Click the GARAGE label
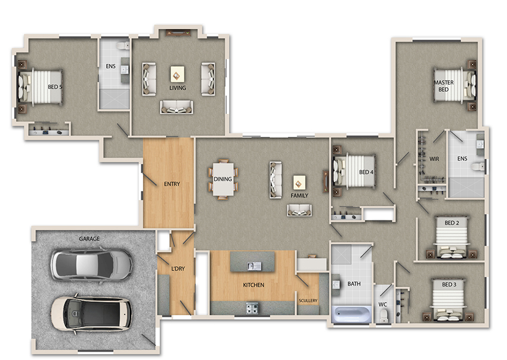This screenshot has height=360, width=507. tap(89, 239)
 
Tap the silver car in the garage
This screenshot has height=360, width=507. tap(91, 264)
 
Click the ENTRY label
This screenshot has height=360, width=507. tap(172, 184)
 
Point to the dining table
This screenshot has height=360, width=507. tap(225, 179)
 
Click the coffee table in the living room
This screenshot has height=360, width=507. tap(177, 73)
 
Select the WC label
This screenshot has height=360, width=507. tap(383, 304)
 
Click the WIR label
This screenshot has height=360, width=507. tap(434, 159)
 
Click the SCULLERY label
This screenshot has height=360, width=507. tap(308, 300)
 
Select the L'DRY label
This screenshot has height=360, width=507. tap(178, 269)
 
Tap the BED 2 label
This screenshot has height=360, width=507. tap(452, 223)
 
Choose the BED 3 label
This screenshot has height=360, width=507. tap(449, 284)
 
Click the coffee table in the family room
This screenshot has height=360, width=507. tap(299, 181)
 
